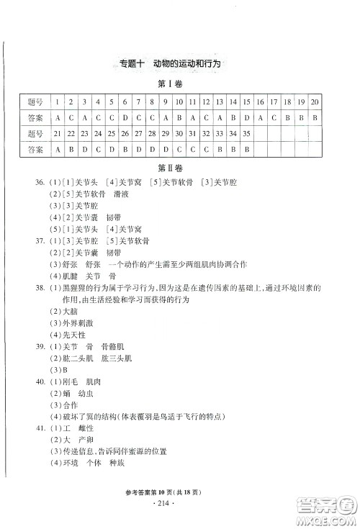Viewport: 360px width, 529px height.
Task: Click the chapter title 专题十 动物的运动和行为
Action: (171, 63)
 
